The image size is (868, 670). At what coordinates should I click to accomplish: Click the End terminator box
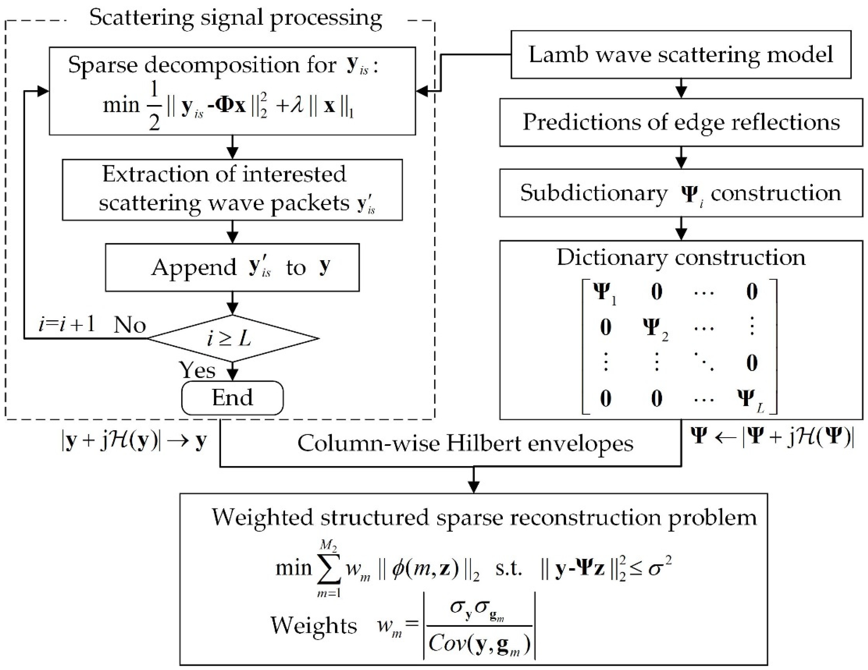click(x=232, y=398)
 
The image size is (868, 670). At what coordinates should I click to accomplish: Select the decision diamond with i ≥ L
click(x=232, y=339)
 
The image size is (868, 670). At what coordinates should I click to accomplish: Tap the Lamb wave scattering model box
click(x=681, y=54)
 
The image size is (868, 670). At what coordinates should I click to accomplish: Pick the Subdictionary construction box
click(x=681, y=193)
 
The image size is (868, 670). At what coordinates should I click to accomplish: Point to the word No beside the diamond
click(x=130, y=325)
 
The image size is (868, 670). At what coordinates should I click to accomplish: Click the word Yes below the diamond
click(x=197, y=370)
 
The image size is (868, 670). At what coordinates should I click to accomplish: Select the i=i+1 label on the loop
click(x=67, y=324)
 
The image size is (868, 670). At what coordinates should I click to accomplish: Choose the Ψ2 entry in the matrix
click(x=655, y=329)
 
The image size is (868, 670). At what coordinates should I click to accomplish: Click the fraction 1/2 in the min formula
click(x=154, y=106)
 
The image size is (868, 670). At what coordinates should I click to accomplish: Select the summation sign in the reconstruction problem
click(x=329, y=569)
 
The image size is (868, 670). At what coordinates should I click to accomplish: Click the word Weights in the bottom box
click(x=314, y=625)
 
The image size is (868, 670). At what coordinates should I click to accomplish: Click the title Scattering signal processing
click(x=235, y=17)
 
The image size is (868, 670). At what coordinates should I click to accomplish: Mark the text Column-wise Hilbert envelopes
click(x=465, y=443)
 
